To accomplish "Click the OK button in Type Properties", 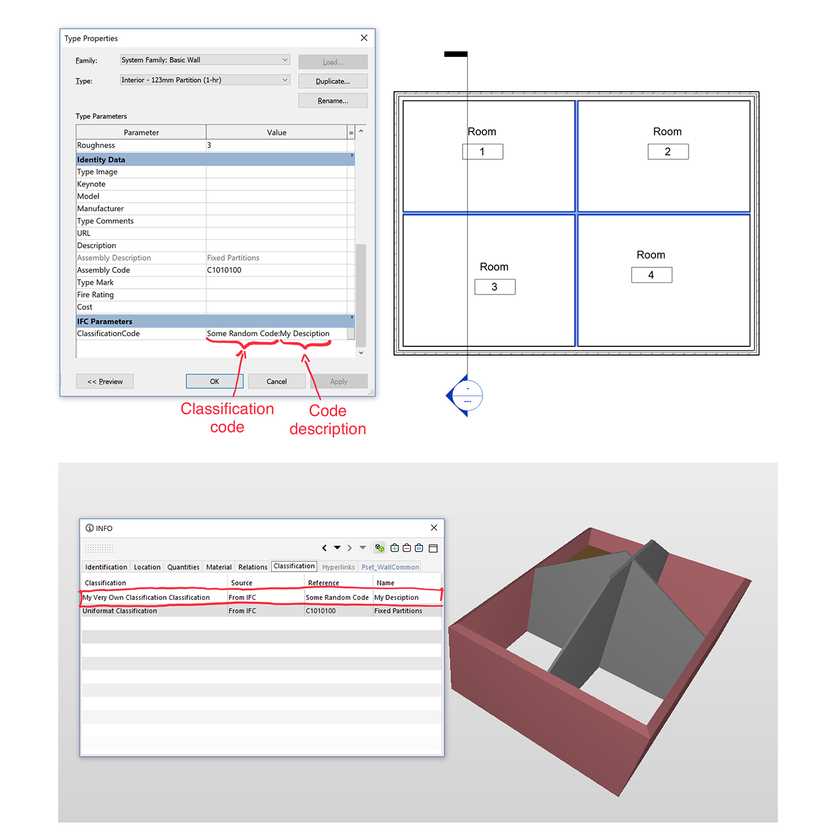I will click(x=214, y=381).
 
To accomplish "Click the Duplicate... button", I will click(x=332, y=81).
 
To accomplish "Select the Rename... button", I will click(x=332, y=101).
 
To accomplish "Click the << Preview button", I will click(x=105, y=381).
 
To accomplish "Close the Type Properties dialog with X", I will click(x=364, y=38).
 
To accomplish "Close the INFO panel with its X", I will click(x=434, y=528).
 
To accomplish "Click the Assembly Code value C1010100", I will click(x=224, y=270).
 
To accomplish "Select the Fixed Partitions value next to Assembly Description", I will click(x=233, y=258).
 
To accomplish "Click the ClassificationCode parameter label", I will click(x=108, y=334).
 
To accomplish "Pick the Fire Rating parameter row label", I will click(x=95, y=294).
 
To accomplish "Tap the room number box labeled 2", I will click(x=668, y=152).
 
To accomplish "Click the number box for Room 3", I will click(x=495, y=287).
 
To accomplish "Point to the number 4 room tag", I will click(x=651, y=275).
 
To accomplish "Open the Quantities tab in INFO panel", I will click(x=183, y=567).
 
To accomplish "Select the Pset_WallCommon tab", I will click(x=390, y=567).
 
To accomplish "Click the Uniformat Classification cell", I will click(x=120, y=611).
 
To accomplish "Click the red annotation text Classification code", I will click(x=227, y=417).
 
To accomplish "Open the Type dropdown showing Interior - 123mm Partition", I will click(x=204, y=80).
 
